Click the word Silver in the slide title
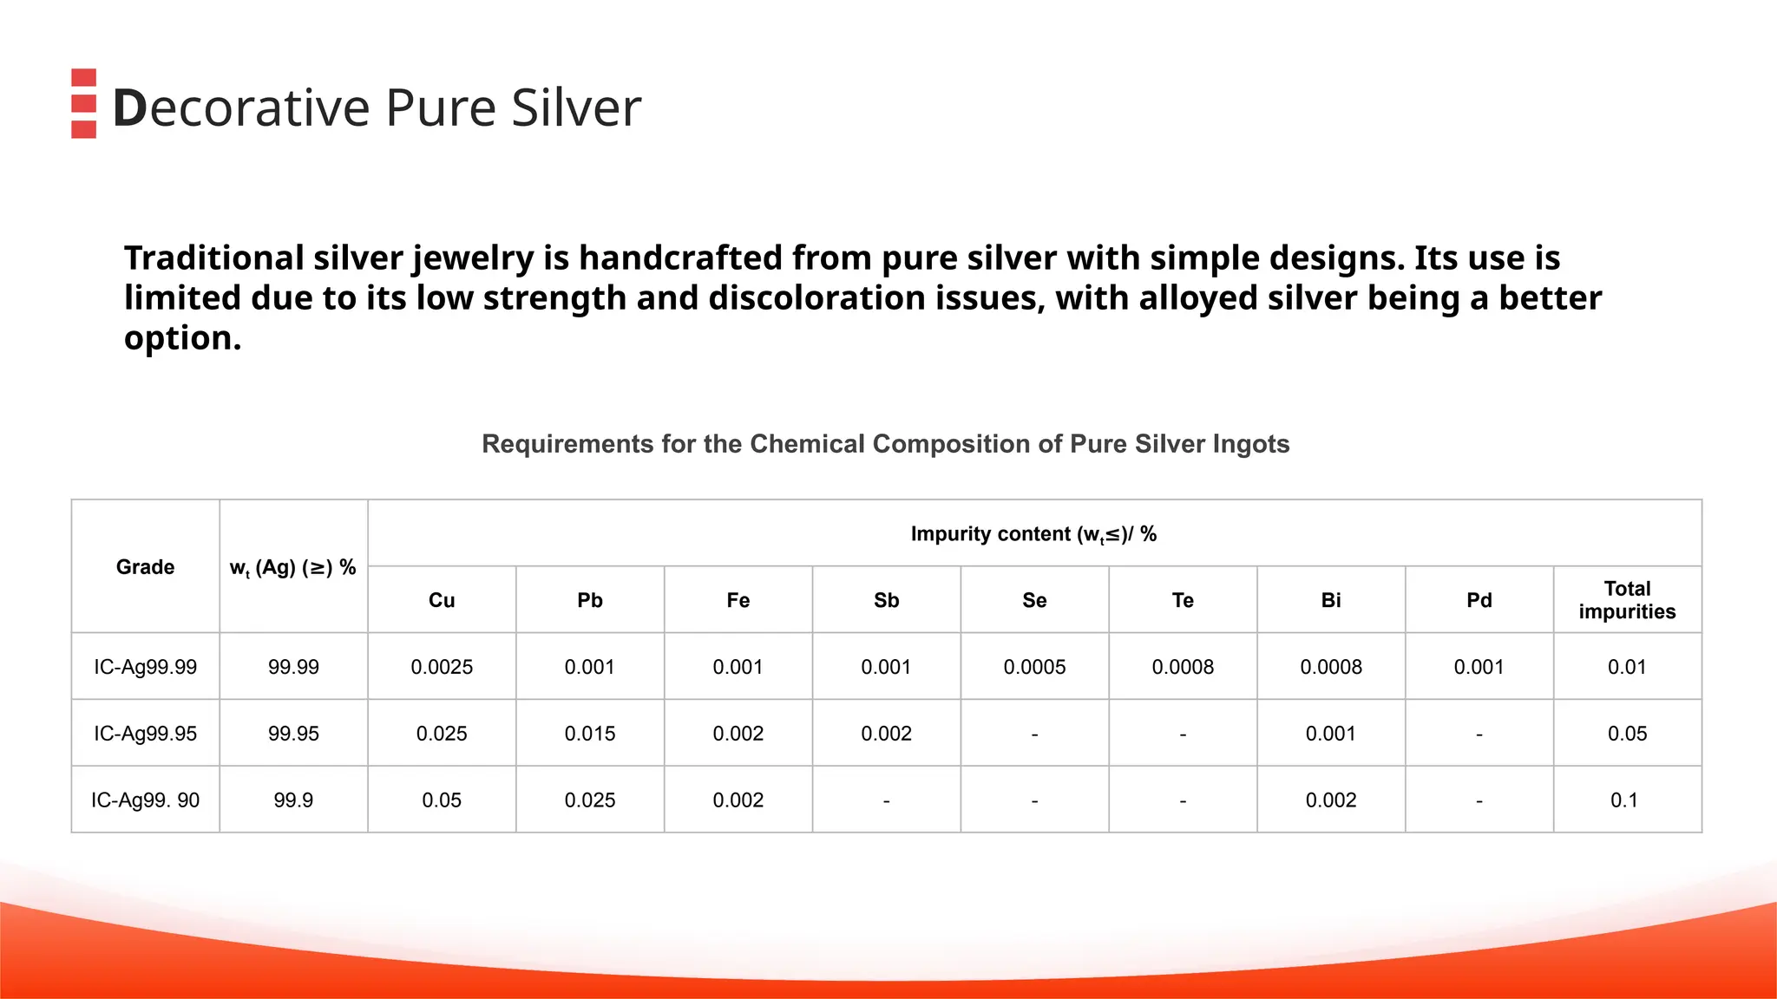(x=576, y=108)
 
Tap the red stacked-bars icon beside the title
(x=83, y=103)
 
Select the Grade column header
(x=145, y=567)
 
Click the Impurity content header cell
(x=1033, y=534)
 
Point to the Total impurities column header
(x=1627, y=600)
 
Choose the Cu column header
(x=442, y=600)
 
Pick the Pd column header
(x=1479, y=600)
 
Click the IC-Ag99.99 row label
(x=145, y=667)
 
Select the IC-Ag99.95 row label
(x=145, y=734)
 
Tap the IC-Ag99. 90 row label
(x=145, y=800)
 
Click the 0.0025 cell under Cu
(x=442, y=667)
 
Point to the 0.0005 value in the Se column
(x=1034, y=667)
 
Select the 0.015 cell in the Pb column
(x=590, y=734)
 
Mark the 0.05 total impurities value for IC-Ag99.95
(x=1627, y=734)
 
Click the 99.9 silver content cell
(x=293, y=800)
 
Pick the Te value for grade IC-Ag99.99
(x=1183, y=667)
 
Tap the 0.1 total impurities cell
(x=1624, y=800)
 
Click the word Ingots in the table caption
(x=1250, y=444)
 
